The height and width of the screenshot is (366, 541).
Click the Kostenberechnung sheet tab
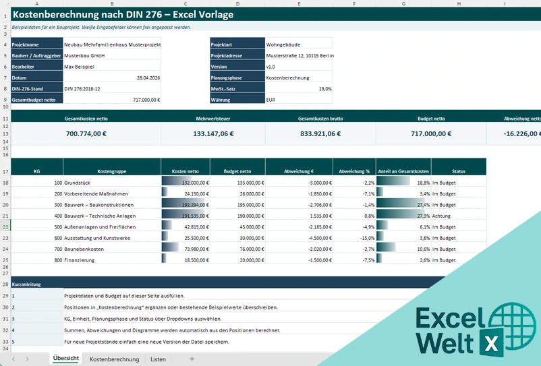pos(114,359)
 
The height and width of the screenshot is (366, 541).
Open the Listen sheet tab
pos(158,359)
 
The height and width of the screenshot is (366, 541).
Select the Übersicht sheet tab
pos(66,359)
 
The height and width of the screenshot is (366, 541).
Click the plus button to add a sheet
pos(192,359)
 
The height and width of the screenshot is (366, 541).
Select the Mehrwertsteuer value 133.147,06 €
pos(213,133)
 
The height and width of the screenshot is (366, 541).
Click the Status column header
pos(459,171)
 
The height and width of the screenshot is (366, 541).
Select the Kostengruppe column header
pos(112,171)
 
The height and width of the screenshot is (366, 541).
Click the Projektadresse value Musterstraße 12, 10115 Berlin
pos(300,55)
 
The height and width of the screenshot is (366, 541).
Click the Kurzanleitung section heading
pos(24,284)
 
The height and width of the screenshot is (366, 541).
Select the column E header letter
pos(299,3)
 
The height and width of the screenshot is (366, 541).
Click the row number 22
pos(5,226)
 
